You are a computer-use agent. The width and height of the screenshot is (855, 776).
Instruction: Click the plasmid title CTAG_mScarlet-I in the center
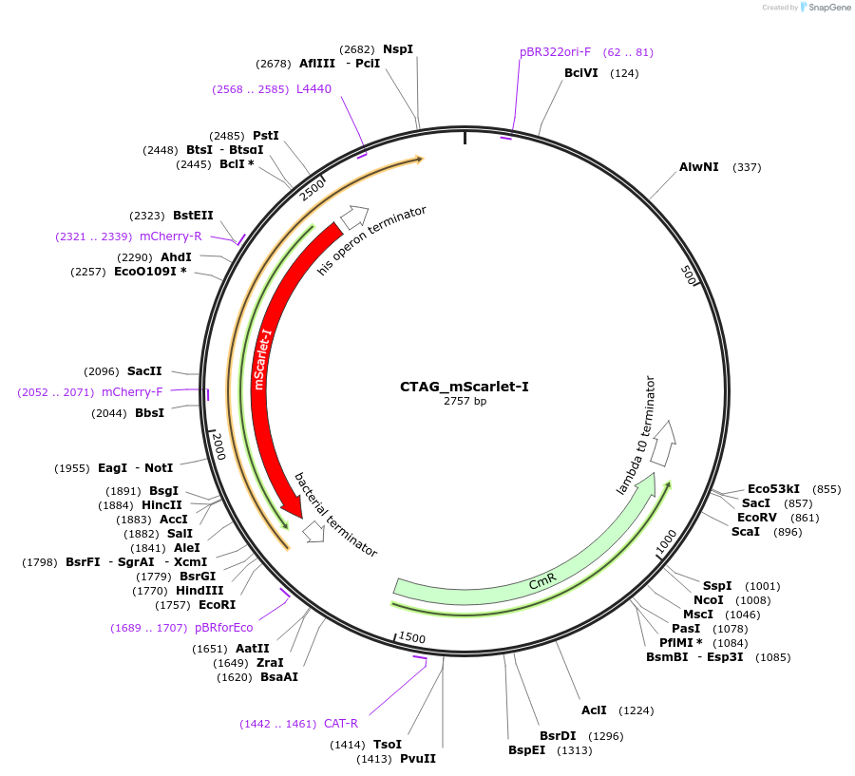point(465,387)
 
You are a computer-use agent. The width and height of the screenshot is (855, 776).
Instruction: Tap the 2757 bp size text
point(465,402)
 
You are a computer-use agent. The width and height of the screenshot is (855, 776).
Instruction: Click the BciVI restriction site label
point(581,73)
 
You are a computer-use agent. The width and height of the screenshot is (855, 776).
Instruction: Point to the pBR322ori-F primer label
point(555,52)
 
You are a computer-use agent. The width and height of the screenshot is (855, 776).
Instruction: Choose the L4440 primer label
point(313,89)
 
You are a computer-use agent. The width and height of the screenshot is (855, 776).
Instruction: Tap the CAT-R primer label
point(341,724)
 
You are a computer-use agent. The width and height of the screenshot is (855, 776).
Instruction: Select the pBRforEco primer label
point(224,628)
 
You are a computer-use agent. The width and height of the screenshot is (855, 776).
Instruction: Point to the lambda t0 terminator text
point(636,435)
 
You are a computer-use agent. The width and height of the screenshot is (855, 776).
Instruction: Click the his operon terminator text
point(372,240)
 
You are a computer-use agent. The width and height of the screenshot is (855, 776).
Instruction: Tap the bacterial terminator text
point(335,515)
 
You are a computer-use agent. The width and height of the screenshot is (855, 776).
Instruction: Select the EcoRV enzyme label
point(757,518)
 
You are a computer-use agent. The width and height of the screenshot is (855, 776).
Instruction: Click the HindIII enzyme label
point(199,591)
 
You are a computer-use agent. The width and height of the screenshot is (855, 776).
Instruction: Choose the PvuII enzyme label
point(418,759)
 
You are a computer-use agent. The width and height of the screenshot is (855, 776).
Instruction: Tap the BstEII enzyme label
point(193,216)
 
